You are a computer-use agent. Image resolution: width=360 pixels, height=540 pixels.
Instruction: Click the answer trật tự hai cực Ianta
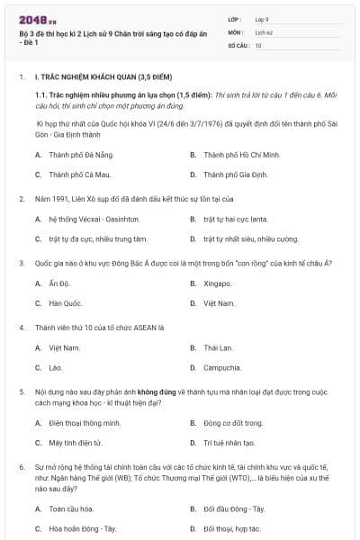[x=235, y=219]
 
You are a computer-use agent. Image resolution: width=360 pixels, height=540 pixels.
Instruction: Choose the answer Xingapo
[x=218, y=283]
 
